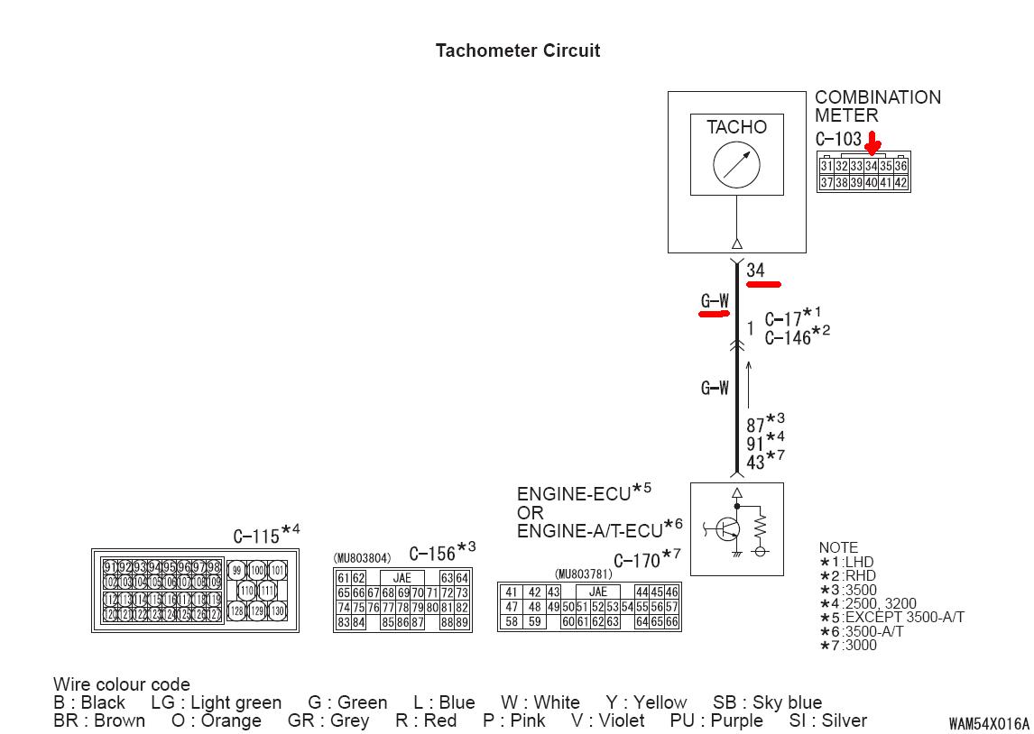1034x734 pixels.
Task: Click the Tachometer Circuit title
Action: [x=517, y=50]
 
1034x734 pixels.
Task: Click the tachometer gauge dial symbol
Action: [x=736, y=166]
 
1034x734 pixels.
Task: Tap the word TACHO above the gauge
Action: [x=736, y=127]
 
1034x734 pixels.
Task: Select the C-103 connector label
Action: [x=838, y=140]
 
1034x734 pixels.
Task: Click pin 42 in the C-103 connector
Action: [x=900, y=183]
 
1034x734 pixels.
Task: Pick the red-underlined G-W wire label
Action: [x=715, y=301]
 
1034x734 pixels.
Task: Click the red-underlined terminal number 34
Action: [x=756, y=271]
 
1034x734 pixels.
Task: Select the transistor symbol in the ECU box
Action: [x=727, y=529]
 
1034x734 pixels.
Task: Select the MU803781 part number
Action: [x=583, y=573]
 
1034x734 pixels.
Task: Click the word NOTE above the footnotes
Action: [x=838, y=547]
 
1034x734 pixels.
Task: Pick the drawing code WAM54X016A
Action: [x=988, y=723]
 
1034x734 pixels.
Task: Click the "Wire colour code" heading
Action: [x=122, y=684]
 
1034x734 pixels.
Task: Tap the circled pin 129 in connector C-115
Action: [x=257, y=611]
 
